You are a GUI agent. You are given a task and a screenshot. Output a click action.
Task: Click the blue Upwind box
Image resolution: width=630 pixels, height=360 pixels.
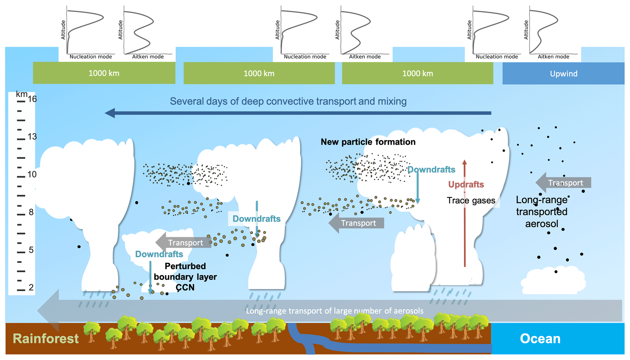pos(563,73)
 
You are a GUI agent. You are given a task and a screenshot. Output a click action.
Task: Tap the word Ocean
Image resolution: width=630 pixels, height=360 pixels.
pos(540,339)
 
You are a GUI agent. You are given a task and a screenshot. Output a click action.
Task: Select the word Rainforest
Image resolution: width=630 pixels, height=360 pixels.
pos(46,339)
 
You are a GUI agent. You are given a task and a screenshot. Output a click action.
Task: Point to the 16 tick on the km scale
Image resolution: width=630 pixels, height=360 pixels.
pos(21,101)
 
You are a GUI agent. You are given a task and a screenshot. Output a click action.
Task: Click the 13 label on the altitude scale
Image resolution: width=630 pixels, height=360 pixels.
pos(32,137)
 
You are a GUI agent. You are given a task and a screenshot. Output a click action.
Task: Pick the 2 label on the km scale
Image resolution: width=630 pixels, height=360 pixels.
pos(31,288)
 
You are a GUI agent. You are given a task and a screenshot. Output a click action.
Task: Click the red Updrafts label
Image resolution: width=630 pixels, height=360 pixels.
pos(466,184)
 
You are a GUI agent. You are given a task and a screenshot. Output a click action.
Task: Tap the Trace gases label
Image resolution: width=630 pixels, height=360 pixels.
pos(471,200)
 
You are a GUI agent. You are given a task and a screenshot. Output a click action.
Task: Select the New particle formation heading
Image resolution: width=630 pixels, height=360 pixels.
pos(368,142)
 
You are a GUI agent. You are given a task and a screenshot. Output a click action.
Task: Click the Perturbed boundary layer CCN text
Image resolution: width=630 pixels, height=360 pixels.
pos(185,277)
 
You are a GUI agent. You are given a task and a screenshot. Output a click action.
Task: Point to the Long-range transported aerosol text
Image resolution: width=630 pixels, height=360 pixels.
pos(542,212)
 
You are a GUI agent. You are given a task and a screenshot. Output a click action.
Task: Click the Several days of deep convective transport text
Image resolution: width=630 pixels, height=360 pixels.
pos(288,101)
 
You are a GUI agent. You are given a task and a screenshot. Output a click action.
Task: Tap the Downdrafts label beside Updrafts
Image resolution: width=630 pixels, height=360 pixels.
pos(431,170)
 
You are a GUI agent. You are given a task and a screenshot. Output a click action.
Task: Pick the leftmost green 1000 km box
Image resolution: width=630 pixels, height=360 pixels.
pos(104,73)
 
